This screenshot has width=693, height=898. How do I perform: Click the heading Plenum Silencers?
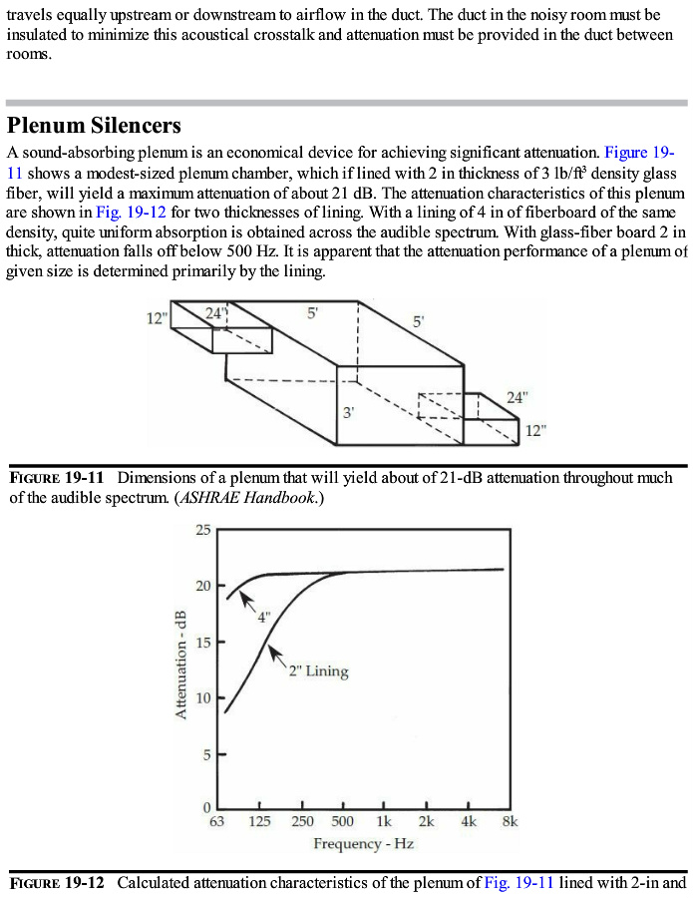coord(94,126)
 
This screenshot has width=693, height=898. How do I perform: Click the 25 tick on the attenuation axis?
coord(202,529)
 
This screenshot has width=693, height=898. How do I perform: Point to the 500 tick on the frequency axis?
coord(342,821)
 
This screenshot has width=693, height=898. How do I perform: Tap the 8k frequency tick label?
coord(510,821)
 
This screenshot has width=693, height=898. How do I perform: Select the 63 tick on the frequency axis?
coord(215,821)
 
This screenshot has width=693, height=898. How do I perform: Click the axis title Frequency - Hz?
coord(363,844)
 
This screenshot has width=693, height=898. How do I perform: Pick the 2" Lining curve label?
coord(318,671)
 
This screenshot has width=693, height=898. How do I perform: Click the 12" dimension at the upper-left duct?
coord(157,318)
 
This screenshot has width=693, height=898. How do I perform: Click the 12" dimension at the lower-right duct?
coord(536,430)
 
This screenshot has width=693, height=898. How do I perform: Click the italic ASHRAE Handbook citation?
coord(247,496)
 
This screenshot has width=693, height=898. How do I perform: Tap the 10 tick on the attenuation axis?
coord(202,697)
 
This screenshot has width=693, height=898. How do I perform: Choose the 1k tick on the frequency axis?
coord(384,821)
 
